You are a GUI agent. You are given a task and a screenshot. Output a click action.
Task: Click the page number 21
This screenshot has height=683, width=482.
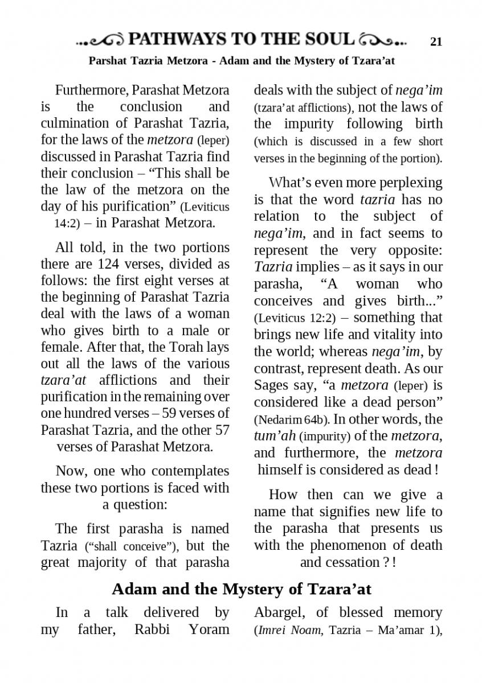(x=436, y=41)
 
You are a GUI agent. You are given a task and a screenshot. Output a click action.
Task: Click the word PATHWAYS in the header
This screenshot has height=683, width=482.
(x=178, y=39)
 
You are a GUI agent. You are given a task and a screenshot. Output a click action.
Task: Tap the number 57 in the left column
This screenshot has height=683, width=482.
(x=221, y=430)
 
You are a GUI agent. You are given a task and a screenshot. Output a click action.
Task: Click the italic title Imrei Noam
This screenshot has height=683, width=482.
(x=289, y=630)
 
